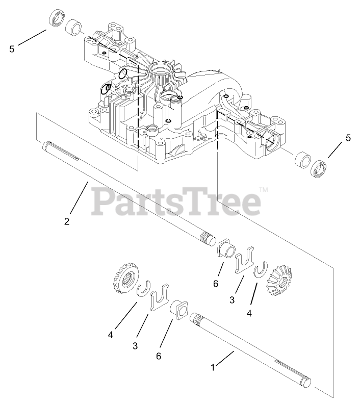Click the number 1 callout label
coord(213,366)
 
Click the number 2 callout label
coord(67,221)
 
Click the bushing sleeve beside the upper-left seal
coord(74,28)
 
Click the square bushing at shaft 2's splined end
coord(226,251)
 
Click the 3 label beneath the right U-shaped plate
coord(232,300)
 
